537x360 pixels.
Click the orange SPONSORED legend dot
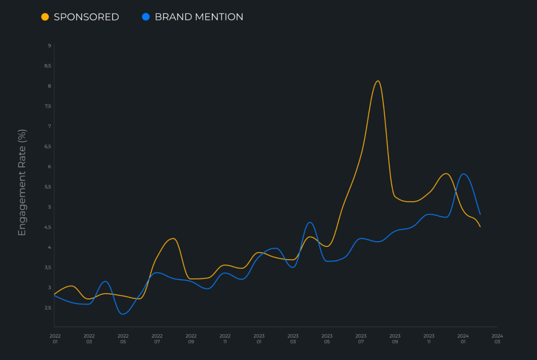click(x=45, y=17)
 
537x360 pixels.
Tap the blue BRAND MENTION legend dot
click(x=146, y=17)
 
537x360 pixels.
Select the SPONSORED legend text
click(x=87, y=17)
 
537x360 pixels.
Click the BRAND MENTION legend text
click(x=199, y=17)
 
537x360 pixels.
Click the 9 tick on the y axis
click(x=49, y=46)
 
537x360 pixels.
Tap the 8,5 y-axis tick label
click(x=47, y=66)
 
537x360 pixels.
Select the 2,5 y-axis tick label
click(x=47, y=308)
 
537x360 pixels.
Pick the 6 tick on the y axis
click(x=49, y=167)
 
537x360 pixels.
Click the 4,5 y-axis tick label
click(x=47, y=227)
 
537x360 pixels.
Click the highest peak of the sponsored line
click(x=378, y=81)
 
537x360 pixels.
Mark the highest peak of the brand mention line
click(x=464, y=174)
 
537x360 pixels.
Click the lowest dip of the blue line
click(x=123, y=314)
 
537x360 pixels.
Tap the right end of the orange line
click(x=480, y=226)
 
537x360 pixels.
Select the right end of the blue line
click(x=480, y=214)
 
